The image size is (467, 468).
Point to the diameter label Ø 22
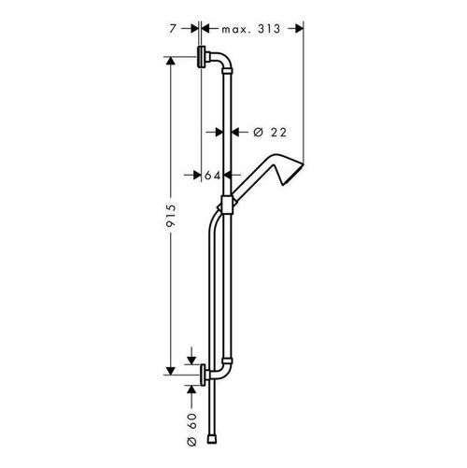[x=263, y=132]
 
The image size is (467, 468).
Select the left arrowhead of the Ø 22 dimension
[x=216, y=132]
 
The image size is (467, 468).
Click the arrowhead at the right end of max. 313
[x=300, y=28]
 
